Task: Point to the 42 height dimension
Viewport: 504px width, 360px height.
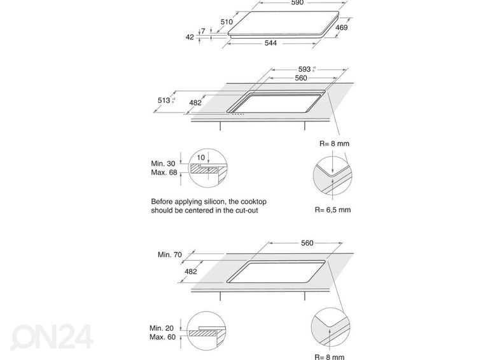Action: pos(190,37)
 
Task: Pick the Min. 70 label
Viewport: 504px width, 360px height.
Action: pos(171,254)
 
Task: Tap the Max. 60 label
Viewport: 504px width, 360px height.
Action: pos(163,337)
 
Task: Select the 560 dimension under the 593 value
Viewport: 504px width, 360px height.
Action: pos(300,78)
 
